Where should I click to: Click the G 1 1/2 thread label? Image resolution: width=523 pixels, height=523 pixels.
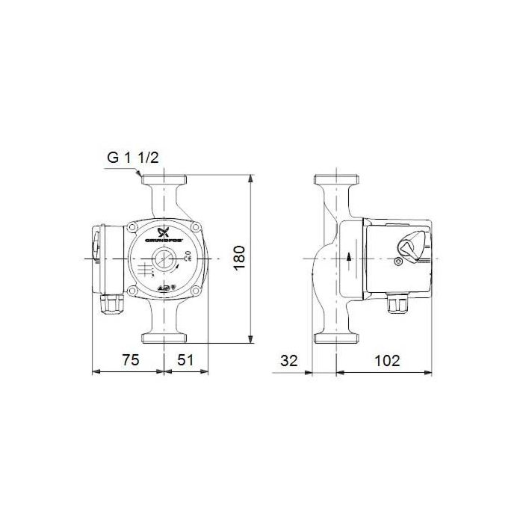(x=132, y=158)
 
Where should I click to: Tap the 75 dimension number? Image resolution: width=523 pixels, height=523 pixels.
(x=130, y=359)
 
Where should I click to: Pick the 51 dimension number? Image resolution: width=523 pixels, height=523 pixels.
(x=185, y=359)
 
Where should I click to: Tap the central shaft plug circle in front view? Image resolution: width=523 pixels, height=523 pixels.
(x=163, y=261)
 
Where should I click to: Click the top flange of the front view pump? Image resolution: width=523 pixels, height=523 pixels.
(x=163, y=181)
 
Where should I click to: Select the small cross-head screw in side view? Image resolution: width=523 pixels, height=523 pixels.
(x=398, y=262)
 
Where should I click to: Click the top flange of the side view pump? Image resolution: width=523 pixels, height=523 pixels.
(x=335, y=181)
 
